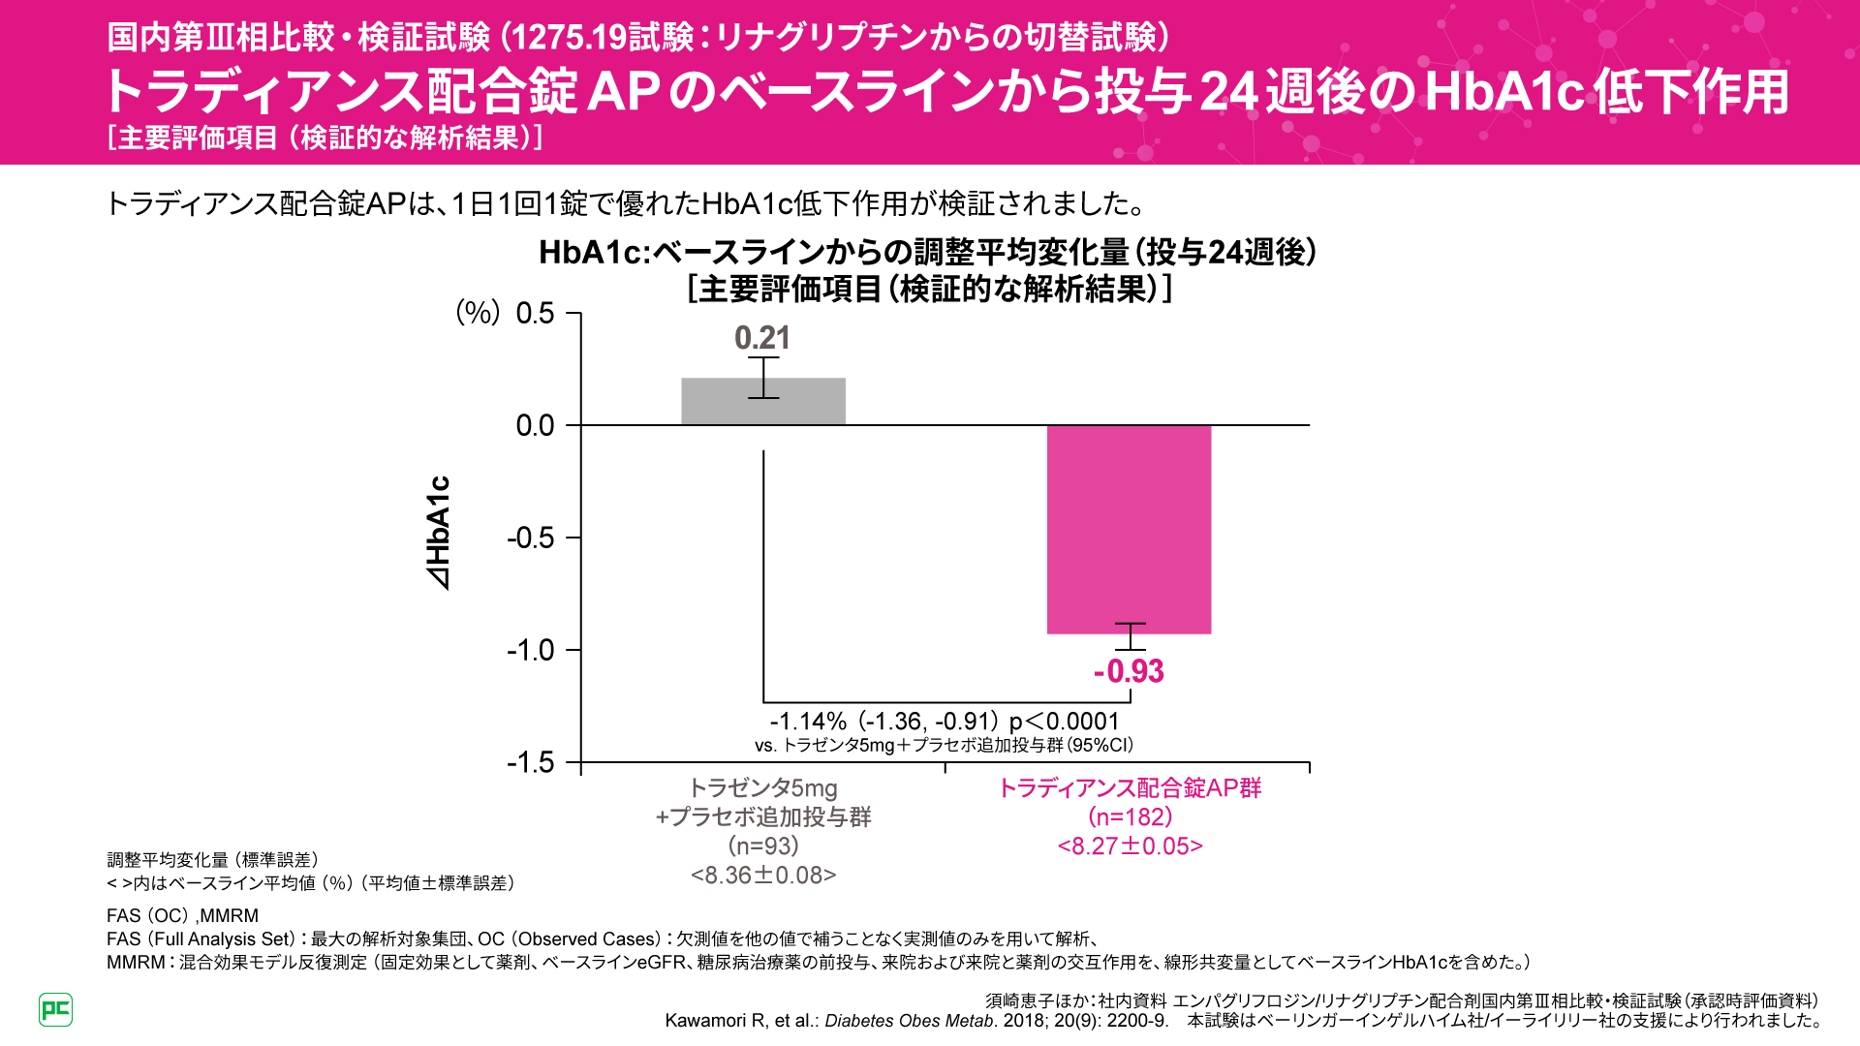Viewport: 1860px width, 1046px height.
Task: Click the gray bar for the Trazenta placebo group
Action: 763,402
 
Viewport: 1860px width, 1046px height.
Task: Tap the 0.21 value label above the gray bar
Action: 762,338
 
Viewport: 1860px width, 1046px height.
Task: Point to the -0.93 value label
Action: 1129,671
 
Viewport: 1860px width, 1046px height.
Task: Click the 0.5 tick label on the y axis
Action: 535,314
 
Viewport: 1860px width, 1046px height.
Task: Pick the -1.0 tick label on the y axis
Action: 531,650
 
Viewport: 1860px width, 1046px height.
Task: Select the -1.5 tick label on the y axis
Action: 531,763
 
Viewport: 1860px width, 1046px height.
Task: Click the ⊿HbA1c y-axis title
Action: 439,533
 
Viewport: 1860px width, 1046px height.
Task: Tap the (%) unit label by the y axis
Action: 478,312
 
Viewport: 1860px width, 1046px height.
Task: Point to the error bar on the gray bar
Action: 763,378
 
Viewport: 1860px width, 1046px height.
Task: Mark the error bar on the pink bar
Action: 1130,636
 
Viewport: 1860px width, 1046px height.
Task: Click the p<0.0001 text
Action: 1064,722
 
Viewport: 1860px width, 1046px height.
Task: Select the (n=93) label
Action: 763,846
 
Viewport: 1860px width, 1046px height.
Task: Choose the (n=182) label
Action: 1130,817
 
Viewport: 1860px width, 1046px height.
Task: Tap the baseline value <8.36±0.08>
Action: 763,876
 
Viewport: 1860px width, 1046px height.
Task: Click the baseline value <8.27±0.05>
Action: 1130,846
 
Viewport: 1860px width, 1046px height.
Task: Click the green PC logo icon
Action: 56,1009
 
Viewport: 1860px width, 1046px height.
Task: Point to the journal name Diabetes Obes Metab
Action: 909,1021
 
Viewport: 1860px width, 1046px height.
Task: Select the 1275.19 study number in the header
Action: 569,38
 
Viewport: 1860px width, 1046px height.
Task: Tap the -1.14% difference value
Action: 808,722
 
